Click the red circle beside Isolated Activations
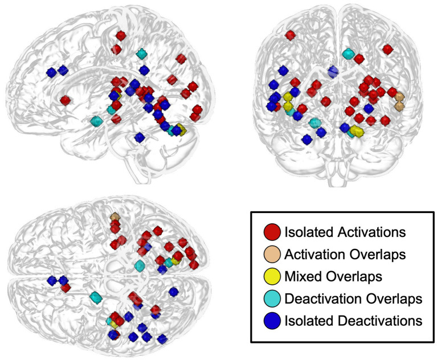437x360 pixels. tap(272, 232)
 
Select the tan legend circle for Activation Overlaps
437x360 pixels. tap(272, 254)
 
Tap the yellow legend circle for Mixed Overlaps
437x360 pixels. tap(272, 276)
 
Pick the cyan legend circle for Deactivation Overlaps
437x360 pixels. tap(272, 298)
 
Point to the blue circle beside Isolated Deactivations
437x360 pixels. tap(272, 321)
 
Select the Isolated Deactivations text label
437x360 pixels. tap(353, 321)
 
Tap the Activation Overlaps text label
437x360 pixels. tap(345, 255)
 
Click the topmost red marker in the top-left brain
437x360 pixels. tap(121, 36)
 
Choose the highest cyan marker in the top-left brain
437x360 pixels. tap(141, 54)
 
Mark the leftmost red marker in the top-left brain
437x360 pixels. tap(65, 100)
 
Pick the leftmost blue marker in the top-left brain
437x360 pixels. tap(51, 73)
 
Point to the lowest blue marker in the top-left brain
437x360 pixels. tap(140, 137)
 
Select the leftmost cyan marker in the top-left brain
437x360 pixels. tap(97, 121)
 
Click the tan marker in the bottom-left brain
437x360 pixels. tap(115, 216)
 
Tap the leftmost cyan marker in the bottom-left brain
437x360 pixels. tap(96, 297)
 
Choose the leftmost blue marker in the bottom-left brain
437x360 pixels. tap(52, 280)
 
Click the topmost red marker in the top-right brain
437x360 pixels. tap(291, 35)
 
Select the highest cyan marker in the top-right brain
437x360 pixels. tap(348, 54)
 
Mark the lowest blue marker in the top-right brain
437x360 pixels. tap(307, 140)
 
